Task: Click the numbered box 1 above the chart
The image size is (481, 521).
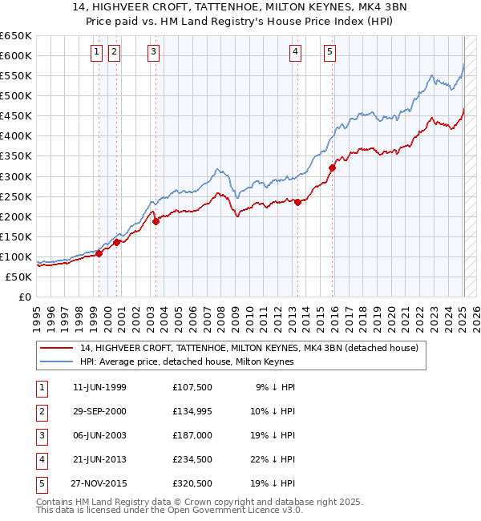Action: pos(96,52)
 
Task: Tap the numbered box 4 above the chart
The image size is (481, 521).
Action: pos(296,52)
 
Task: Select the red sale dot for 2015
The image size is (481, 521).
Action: pos(332,168)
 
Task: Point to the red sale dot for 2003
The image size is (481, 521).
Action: pos(156,221)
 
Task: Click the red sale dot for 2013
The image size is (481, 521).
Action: pos(297,202)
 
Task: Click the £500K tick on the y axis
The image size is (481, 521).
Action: pos(16,96)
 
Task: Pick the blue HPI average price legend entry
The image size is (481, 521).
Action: pos(188,362)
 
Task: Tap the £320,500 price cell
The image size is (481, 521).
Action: pos(192,483)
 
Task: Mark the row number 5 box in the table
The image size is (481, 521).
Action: pos(39,483)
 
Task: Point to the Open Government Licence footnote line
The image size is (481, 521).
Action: pos(170,510)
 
